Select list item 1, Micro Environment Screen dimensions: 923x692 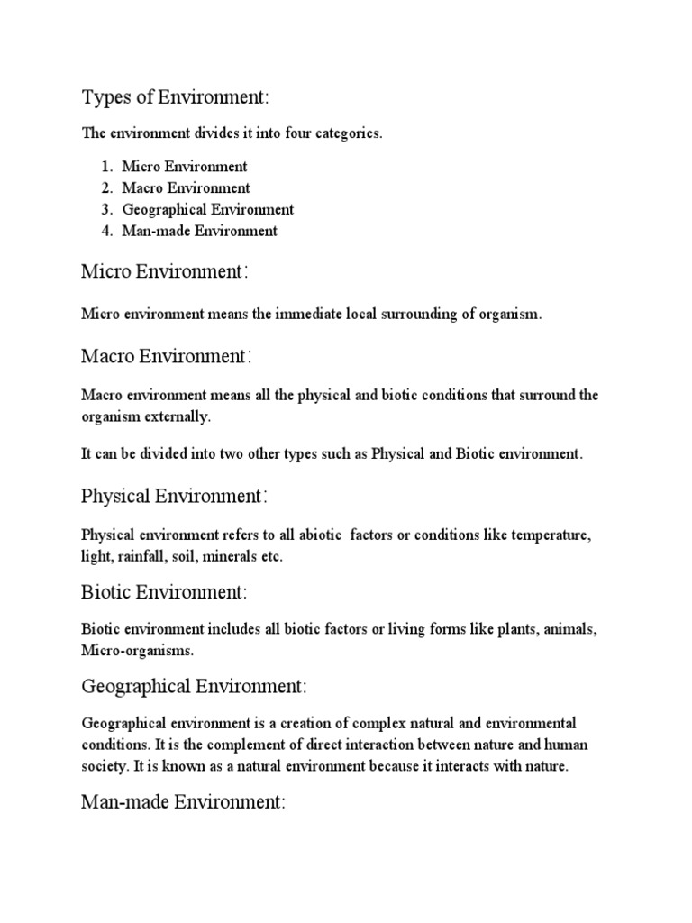[185, 167]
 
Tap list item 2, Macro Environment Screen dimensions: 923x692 [186, 188]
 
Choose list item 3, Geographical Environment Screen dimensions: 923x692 [208, 209]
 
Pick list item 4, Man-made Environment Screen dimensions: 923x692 [200, 231]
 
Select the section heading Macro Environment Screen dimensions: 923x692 [167, 357]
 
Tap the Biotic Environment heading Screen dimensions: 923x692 [164, 592]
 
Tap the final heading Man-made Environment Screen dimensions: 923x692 [183, 800]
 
